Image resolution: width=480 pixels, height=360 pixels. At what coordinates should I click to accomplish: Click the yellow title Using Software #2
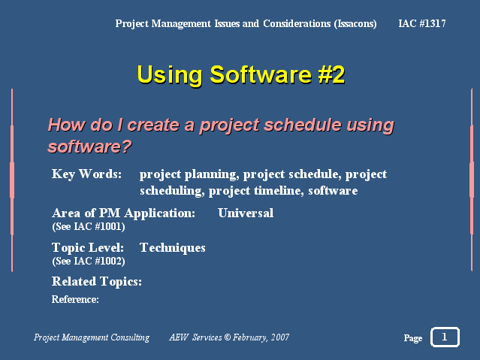tap(241, 74)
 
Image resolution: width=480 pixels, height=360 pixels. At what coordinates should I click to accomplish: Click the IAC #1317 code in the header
tap(422, 23)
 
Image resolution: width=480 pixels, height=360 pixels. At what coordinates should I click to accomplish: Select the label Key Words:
tap(86, 174)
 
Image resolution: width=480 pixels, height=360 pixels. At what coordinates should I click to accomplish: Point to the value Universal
tap(246, 213)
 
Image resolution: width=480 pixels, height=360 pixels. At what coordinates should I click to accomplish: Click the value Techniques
tap(172, 248)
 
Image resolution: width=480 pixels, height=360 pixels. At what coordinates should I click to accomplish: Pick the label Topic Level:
tap(88, 248)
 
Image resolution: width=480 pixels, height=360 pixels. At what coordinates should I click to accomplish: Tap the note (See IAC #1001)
tap(89, 227)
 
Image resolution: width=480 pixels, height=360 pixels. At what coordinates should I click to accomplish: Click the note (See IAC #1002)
tap(89, 261)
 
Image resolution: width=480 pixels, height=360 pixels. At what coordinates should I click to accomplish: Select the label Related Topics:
tap(97, 282)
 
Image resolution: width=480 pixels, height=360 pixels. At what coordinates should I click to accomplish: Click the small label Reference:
tap(75, 299)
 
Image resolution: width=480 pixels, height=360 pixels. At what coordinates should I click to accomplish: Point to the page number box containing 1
tap(445, 337)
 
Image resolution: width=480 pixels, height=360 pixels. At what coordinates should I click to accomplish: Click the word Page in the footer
tap(413, 338)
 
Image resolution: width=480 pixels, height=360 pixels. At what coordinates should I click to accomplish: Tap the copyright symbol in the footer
tap(227, 337)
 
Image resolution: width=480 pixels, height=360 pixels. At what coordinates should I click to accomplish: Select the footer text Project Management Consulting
tap(92, 337)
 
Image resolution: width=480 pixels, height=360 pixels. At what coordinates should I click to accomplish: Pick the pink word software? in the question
tap(89, 147)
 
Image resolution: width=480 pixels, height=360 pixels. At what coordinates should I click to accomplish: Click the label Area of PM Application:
tap(124, 213)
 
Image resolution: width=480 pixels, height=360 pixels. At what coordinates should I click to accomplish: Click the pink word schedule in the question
tap(303, 125)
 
